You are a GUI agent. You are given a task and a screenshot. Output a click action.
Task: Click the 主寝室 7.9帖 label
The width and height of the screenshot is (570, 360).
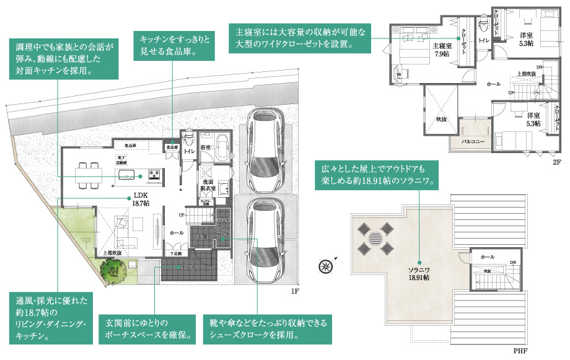(441, 50)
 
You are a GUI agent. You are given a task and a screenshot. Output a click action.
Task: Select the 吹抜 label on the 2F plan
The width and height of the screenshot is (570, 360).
(441, 118)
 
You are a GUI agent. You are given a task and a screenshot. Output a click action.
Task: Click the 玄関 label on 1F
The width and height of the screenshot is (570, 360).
(202, 237)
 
